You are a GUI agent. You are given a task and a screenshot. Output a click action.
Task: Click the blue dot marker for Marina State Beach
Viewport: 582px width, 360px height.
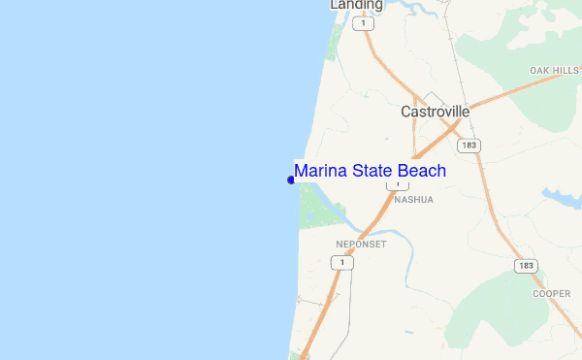pos(291,180)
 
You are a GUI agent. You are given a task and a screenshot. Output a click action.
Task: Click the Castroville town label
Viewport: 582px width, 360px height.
pos(436,112)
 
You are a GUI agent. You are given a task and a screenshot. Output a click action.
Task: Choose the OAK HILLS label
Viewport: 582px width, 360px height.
pos(553,71)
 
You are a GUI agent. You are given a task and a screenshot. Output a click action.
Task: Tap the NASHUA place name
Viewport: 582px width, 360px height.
pos(413,199)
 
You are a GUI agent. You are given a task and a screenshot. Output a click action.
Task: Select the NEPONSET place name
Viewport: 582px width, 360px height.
pos(361,244)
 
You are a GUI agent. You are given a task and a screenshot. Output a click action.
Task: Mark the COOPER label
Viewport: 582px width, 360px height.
pos(551,293)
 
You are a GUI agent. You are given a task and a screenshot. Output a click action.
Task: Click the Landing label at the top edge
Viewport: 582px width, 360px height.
pos(356,5)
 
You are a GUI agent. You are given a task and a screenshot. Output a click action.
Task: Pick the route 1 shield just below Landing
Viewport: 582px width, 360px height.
pos(365,24)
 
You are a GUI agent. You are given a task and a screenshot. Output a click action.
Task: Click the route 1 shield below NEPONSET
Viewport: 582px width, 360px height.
pos(340,262)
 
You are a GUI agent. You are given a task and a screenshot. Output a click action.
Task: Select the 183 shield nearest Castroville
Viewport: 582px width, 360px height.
pos(469,146)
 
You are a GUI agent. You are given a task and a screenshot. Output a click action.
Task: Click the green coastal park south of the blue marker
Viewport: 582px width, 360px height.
pos(315,207)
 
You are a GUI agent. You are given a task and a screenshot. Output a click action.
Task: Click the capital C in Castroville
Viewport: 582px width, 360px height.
pos(406,112)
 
